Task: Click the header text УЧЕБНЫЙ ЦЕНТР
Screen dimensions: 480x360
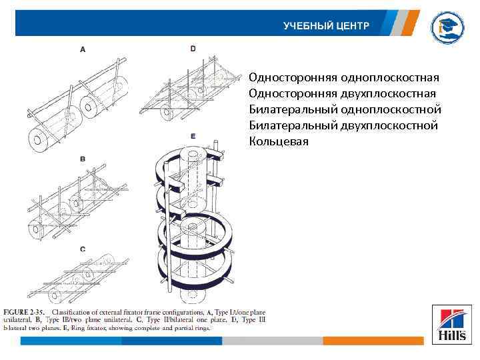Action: click(325, 26)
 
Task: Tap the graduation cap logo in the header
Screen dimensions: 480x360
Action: click(445, 27)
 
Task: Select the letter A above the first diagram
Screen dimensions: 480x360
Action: click(83, 49)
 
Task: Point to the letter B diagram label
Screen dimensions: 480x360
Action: click(83, 159)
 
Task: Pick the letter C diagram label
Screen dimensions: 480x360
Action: click(83, 249)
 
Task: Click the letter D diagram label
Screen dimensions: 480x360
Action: click(193, 49)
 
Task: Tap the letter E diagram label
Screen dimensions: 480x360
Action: click(193, 136)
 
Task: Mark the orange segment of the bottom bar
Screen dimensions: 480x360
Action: click(373, 341)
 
